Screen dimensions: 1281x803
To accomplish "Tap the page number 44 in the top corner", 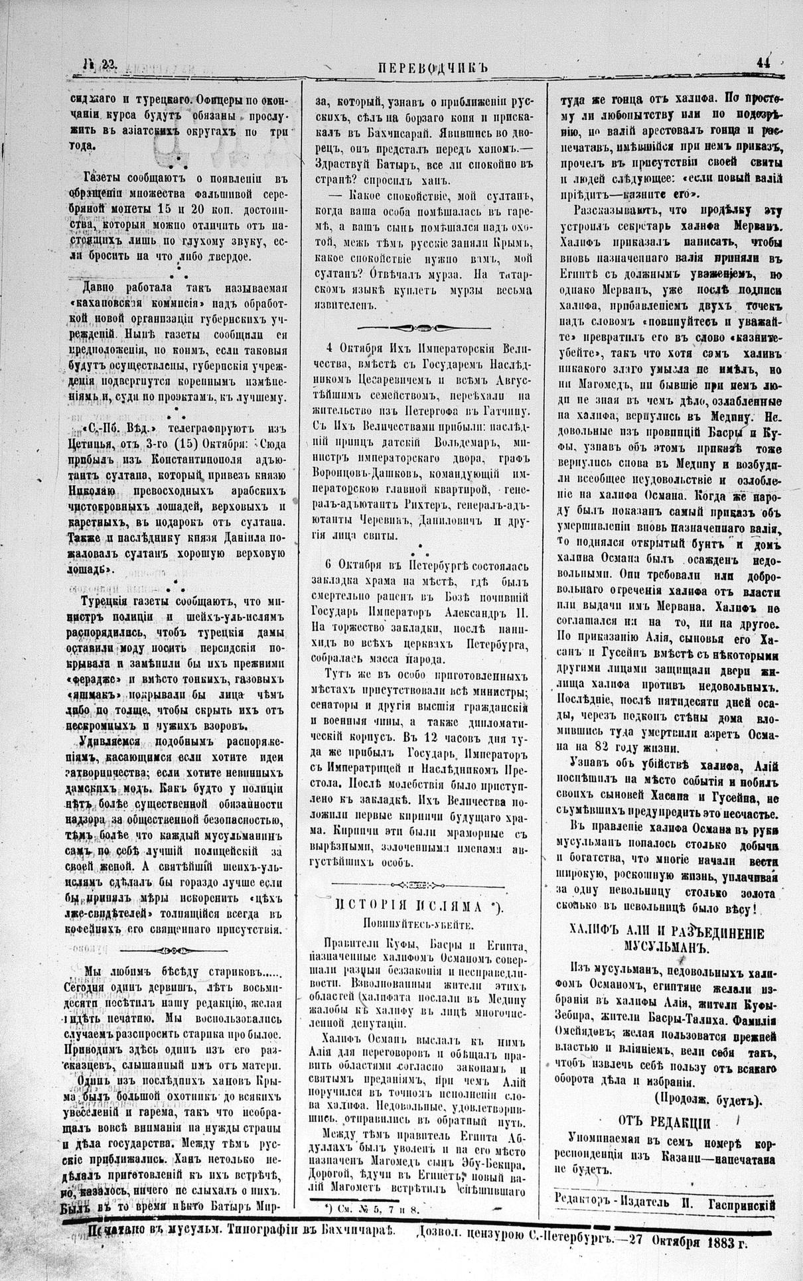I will coord(763,63).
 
